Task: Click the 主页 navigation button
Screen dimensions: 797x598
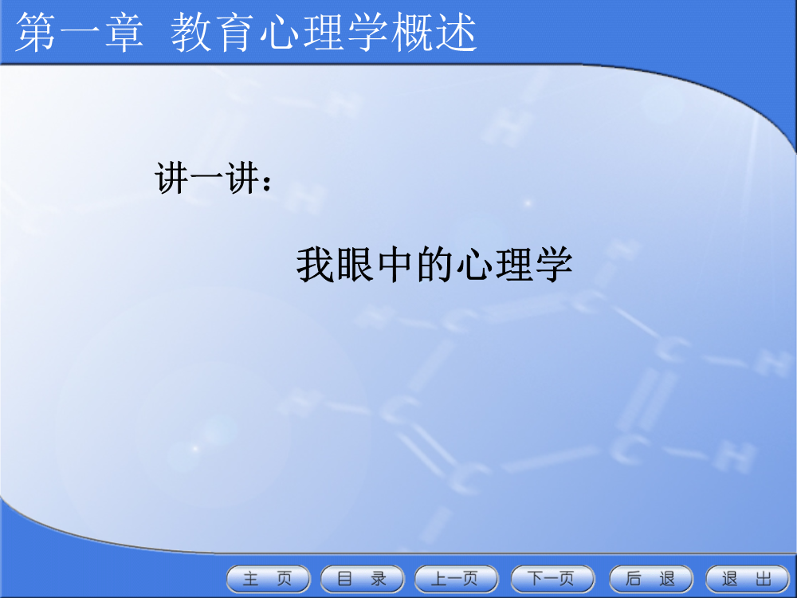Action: tap(268, 579)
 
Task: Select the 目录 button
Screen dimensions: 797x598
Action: tap(362, 579)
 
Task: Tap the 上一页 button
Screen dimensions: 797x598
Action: tap(457, 579)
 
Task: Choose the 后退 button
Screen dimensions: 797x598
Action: tap(650, 579)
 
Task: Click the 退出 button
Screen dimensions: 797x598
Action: tap(748, 579)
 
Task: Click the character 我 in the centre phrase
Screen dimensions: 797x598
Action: tap(315, 265)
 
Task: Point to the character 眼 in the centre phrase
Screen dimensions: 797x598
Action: tap(355, 265)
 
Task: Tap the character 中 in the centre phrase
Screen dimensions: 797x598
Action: tap(395, 265)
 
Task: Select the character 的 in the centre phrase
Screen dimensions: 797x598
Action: tap(434, 265)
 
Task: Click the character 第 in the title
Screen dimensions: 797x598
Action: tap(36, 32)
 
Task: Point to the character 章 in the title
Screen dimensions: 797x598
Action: tap(124, 32)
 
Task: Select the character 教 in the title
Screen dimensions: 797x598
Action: tap(190, 32)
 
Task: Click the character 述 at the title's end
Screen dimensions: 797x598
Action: tap(457, 32)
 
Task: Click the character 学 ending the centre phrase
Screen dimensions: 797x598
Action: tap(554, 265)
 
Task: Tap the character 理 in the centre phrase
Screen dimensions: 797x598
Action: tap(514, 265)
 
